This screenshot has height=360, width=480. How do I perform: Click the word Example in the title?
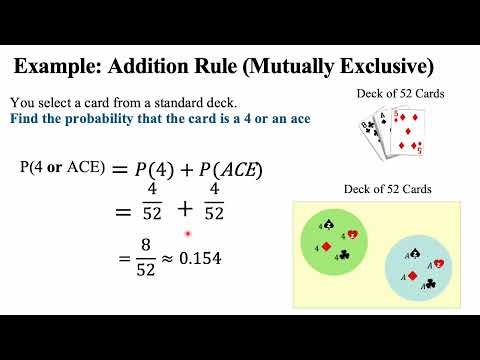pyautogui.click(x=59, y=68)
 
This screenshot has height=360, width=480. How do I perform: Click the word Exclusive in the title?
pyautogui.click(x=383, y=68)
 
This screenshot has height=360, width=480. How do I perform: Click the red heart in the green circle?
pyautogui.click(x=353, y=235)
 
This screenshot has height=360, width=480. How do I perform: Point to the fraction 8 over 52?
pyautogui.click(x=127, y=258)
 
